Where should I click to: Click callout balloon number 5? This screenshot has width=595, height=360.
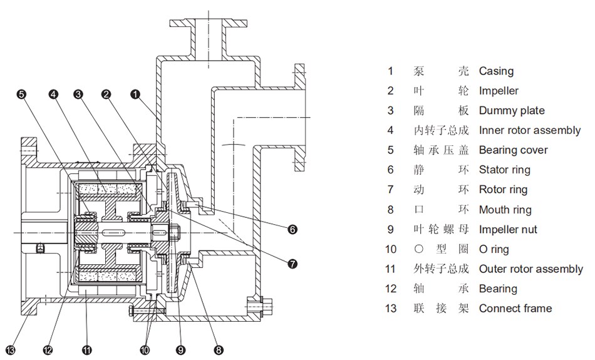[22, 94]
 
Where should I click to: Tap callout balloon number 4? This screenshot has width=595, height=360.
[53, 94]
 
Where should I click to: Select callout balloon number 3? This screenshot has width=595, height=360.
[78, 94]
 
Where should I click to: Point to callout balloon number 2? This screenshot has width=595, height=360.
[106, 94]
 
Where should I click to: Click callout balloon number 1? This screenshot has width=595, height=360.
[135, 94]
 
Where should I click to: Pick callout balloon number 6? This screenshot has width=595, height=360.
[292, 230]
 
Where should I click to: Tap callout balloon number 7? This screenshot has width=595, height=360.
[292, 264]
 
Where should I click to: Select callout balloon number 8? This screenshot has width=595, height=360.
[218, 349]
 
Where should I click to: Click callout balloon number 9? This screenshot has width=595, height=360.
[181, 349]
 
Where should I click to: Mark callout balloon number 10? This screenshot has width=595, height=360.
[145, 349]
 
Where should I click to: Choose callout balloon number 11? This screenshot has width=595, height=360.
[87, 349]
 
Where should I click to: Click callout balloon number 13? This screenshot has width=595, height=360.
[11, 349]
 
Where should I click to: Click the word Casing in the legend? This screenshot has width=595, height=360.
[496, 71]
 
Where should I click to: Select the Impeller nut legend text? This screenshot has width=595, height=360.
[508, 230]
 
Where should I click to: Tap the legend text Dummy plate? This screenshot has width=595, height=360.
[512, 111]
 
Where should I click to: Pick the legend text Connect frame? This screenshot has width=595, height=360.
[515, 309]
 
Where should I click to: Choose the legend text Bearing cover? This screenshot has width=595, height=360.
[513, 150]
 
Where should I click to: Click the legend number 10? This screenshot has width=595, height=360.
[391, 249]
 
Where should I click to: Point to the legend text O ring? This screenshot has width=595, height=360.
[494, 249]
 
